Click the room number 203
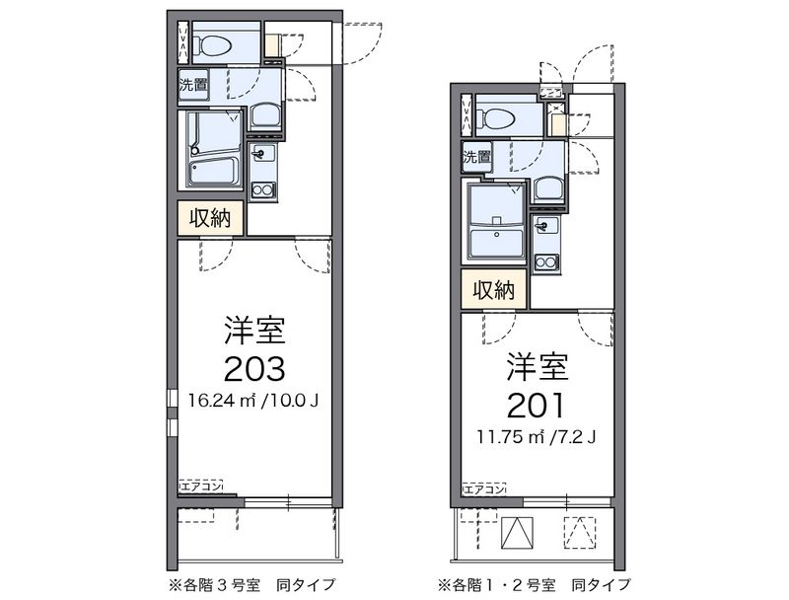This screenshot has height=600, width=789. (254, 367)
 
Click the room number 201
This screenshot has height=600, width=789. (538, 404)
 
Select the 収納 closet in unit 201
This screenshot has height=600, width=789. (494, 289)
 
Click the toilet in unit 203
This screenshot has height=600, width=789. (211, 44)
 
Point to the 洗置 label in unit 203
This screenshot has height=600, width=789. (192, 85)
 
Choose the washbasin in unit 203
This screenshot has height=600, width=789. (264, 116)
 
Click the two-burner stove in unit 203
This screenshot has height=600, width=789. (262, 189)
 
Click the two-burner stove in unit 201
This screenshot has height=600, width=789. (545, 262)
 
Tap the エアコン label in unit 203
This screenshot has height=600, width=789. (201, 486)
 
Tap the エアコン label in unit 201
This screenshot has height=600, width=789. (484, 488)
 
